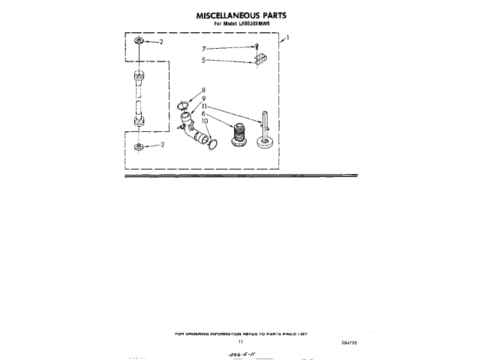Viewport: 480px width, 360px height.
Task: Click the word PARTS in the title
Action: point(271,15)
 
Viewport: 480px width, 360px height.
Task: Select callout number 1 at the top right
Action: point(288,37)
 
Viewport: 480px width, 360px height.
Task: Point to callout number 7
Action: point(202,49)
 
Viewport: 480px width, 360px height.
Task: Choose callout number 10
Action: point(203,120)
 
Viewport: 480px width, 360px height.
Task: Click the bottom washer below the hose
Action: point(139,145)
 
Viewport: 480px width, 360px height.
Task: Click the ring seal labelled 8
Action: point(184,106)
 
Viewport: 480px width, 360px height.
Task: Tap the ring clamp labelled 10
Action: point(212,141)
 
